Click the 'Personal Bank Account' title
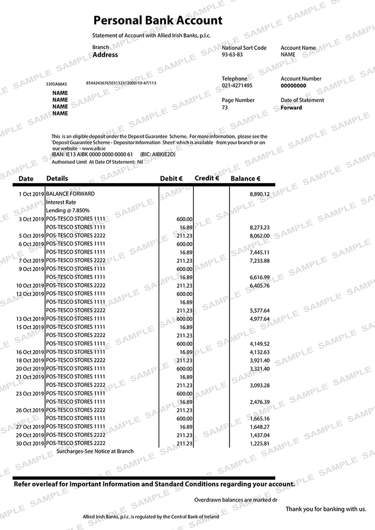click(157, 21)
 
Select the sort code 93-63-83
click(232, 55)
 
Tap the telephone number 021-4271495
click(237, 86)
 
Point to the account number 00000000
click(294, 86)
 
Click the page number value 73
click(225, 108)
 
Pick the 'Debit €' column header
click(171, 179)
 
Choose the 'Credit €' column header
click(207, 178)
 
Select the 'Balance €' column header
click(245, 179)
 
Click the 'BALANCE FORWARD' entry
click(70, 194)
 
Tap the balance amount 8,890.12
click(259, 194)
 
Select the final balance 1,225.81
click(259, 443)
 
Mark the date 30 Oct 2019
click(31, 443)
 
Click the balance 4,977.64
click(259, 319)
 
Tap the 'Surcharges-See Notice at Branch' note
click(95, 451)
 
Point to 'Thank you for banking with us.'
click(326, 509)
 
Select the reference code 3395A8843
click(56, 84)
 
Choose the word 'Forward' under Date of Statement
click(291, 108)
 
